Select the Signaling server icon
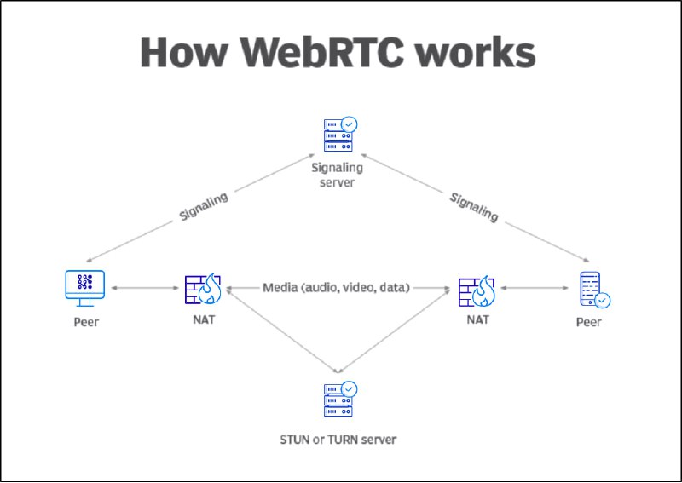tap(340, 135)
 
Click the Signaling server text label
tap(337, 175)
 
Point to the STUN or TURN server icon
tap(340, 400)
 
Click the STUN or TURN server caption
tap(338, 440)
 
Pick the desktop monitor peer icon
tap(84, 288)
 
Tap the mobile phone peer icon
tap(594, 290)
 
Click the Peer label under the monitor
tap(86, 322)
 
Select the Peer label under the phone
tap(588, 322)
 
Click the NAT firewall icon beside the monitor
tap(203, 289)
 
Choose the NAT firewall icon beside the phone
tap(477, 290)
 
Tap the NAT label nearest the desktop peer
tap(204, 319)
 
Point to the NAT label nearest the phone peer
tap(477, 319)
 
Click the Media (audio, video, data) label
tap(336, 287)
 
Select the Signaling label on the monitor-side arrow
tap(204, 206)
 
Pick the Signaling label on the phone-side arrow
tap(474, 207)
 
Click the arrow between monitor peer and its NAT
tap(145, 288)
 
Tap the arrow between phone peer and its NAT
tap(535, 288)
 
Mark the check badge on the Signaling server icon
tap(349, 124)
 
